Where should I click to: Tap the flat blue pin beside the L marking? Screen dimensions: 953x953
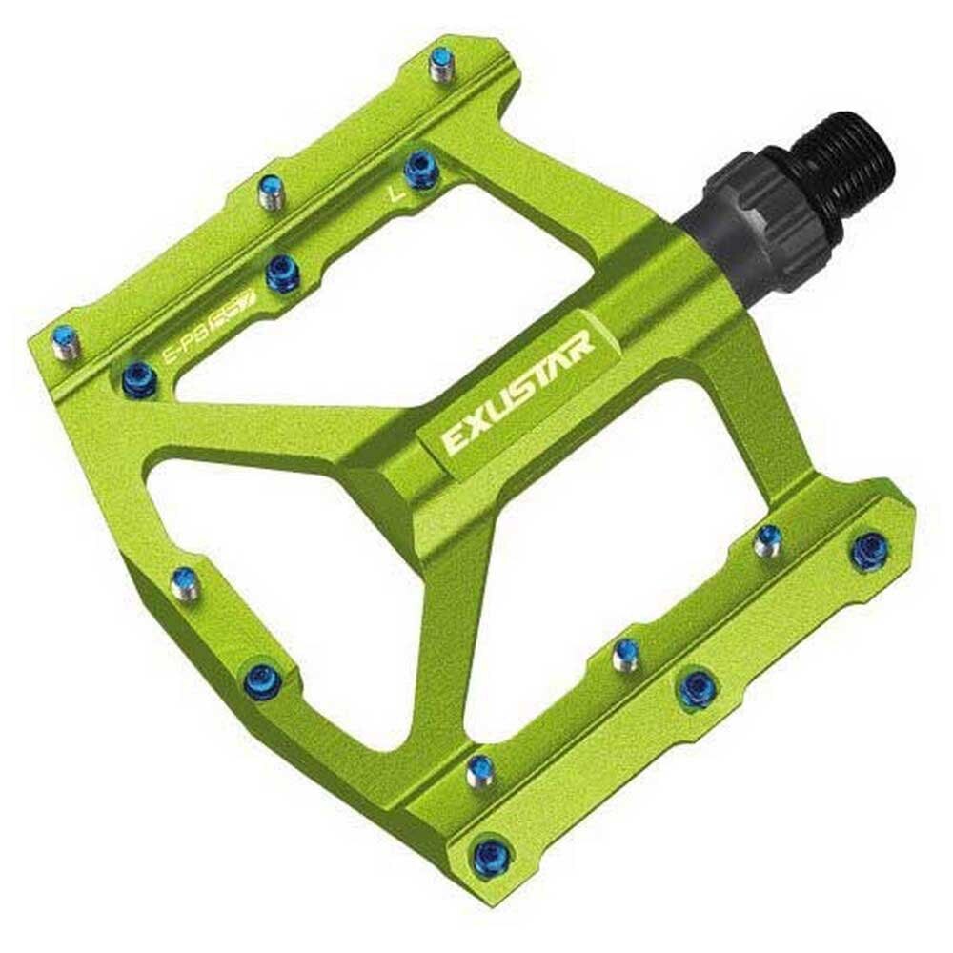pos(419,170)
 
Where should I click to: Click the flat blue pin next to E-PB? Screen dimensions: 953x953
pos(138,377)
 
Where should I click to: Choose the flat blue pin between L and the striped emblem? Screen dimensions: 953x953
pos(282,274)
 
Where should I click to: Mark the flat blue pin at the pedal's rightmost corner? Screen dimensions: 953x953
pos(869,551)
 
